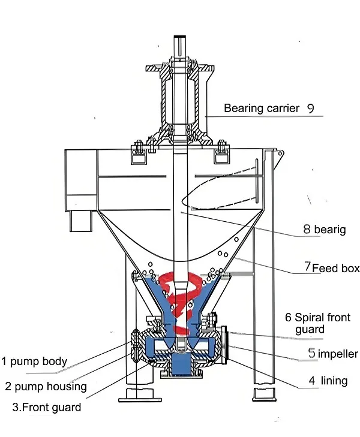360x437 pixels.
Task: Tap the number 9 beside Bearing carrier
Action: (310, 109)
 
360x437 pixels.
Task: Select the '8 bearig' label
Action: (324, 230)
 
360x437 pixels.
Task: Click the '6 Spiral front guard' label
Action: (317, 323)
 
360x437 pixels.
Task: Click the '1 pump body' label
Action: (34, 361)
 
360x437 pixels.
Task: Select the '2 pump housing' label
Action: (46, 387)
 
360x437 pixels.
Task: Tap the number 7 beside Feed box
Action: (307, 267)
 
